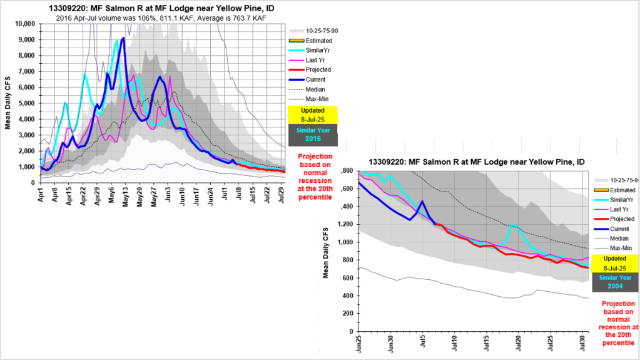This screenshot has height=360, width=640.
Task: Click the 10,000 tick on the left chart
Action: point(26,24)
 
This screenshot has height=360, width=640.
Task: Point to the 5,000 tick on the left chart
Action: point(29,103)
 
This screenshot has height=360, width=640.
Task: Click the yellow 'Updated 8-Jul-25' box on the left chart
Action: point(312,115)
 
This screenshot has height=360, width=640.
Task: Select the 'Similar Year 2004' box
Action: point(615,282)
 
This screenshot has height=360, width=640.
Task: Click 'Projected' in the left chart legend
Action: point(318,69)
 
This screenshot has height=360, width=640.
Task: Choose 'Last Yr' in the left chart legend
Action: point(316,59)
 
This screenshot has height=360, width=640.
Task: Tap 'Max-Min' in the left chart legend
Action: point(317,100)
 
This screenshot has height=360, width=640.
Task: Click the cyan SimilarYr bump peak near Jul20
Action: point(512,224)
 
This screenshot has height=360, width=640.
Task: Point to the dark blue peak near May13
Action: point(123,38)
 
